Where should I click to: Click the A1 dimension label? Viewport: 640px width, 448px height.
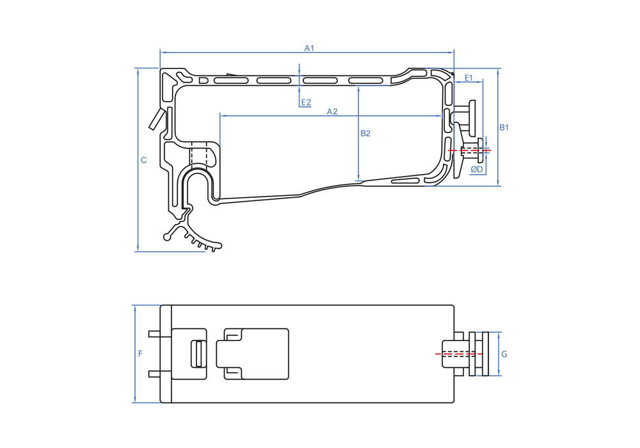click(x=309, y=48)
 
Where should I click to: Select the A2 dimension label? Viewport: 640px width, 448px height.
click(x=332, y=111)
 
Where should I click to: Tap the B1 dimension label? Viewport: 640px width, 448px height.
click(x=504, y=127)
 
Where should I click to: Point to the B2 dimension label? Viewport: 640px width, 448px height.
click(x=365, y=134)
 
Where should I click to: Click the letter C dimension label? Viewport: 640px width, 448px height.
click(x=143, y=160)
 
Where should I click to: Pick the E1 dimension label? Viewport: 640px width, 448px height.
click(x=468, y=78)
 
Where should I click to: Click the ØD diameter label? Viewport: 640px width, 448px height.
click(x=476, y=170)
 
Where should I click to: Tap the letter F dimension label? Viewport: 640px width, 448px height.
click(x=140, y=353)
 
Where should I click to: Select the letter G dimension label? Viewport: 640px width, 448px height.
click(x=504, y=353)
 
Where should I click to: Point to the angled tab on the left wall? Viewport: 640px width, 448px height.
click(x=156, y=119)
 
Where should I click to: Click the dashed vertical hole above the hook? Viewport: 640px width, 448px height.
click(x=198, y=156)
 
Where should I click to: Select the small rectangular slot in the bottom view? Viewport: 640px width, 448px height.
click(x=198, y=354)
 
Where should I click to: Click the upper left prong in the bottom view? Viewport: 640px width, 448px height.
click(x=154, y=333)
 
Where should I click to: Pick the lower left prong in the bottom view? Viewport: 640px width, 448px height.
click(x=154, y=374)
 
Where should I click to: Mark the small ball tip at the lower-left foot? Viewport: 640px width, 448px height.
click(x=168, y=237)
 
